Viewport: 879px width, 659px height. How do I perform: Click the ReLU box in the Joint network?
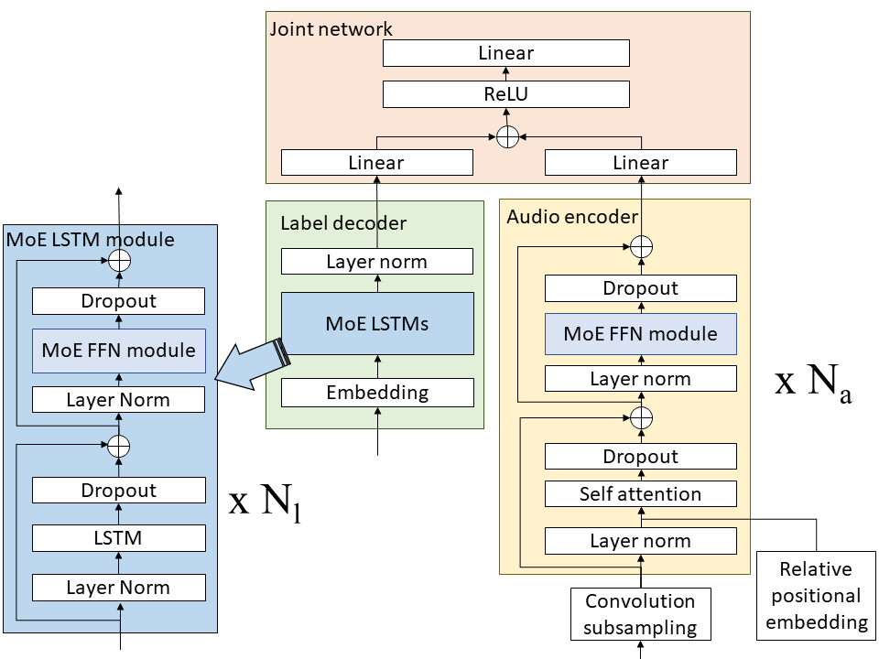click(x=505, y=94)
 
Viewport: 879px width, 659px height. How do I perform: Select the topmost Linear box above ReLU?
click(x=505, y=53)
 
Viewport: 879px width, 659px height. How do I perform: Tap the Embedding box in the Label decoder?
click(x=376, y=393)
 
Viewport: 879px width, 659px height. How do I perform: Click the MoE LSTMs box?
click(x=376, y=323)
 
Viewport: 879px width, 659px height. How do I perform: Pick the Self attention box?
click(x=640, y=494)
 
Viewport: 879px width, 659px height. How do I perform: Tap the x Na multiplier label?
click(x=813, y=382)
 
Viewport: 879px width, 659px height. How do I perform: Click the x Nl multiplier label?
click(x=265, y=502)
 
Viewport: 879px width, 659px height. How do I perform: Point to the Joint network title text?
click(x=331, y=28)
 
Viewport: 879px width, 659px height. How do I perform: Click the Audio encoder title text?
click(x=572, y=216)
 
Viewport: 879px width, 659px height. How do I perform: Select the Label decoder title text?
click(x=343, y=223)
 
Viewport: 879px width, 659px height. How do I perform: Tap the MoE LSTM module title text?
click(x=90, y=240)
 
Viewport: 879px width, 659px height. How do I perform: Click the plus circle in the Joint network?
click(x=507, y=137)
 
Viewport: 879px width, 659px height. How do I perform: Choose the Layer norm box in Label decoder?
click(x=376, y=262)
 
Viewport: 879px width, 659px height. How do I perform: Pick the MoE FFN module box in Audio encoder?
click(x=640, y=333)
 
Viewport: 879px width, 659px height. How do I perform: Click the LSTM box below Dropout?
click(x=118, y=538)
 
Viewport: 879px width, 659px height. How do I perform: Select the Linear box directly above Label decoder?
click(x=376, y=163)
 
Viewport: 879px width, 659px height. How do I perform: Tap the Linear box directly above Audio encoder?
click(x=640, y=163)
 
